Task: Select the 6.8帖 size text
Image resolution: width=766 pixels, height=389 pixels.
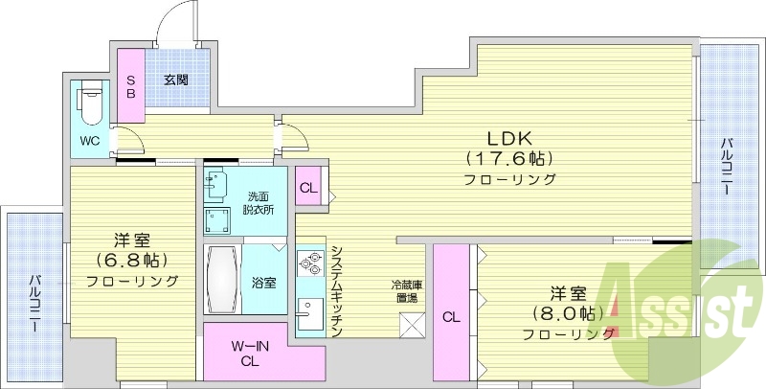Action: tap(132, 260)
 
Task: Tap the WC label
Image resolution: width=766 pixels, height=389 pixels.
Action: tap(89, 141)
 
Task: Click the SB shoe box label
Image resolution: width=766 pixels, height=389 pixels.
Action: tap(131, 87)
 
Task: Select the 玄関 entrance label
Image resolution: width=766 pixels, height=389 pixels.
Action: tap(174, 80)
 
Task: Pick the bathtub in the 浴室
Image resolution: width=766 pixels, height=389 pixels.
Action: tap(221, 279)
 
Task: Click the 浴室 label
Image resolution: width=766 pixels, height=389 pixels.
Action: tap(263, 283)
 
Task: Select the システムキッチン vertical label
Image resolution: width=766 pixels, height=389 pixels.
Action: tap(336, 290)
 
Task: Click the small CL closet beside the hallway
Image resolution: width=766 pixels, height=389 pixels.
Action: tap(307, 188)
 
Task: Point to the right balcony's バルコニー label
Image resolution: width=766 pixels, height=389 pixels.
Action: tap(727, 168)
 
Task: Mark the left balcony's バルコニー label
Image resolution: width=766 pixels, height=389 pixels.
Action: tap(34, 303)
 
